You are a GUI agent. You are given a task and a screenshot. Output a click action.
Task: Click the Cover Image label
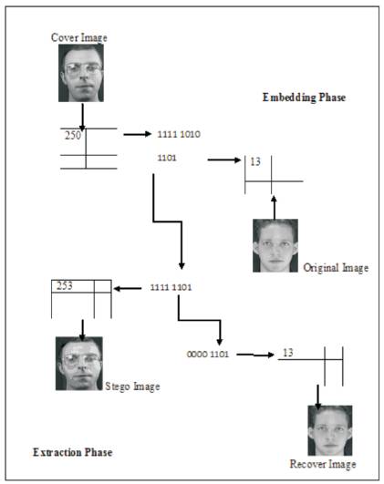point(79,37)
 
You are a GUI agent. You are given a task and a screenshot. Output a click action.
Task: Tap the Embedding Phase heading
point(304,98)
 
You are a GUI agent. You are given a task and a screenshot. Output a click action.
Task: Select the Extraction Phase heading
point(73,452)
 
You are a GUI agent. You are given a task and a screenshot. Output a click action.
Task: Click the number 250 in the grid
point(73,135)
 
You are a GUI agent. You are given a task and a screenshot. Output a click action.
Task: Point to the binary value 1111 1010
point(179,134)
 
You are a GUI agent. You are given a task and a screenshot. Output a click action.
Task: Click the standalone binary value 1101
point(167,158)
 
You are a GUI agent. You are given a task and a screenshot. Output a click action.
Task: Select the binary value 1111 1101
point(171,287)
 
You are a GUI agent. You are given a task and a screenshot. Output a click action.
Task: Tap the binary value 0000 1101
point(208,354)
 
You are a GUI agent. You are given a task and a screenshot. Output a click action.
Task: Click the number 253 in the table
point(65,286)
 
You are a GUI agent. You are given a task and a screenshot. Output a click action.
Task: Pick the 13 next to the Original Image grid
point(255,161)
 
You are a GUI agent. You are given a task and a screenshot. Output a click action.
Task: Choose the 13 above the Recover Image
point(288,353)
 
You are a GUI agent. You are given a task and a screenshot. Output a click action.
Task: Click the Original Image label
point(336,268)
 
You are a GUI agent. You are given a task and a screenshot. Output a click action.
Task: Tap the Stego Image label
point(132,386)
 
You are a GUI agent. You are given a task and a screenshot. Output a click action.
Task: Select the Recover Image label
point(323,464)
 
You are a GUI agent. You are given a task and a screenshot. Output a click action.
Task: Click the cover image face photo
point(81,73)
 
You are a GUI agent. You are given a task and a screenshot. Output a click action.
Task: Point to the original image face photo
point(275,246)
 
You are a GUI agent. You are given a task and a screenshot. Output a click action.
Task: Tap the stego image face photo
point(79,364)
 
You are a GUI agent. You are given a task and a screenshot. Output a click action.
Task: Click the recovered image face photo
point(330,430)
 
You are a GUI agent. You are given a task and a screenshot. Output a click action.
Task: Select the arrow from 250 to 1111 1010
point(138,134)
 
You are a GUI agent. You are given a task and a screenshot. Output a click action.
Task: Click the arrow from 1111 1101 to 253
point(128,289)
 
